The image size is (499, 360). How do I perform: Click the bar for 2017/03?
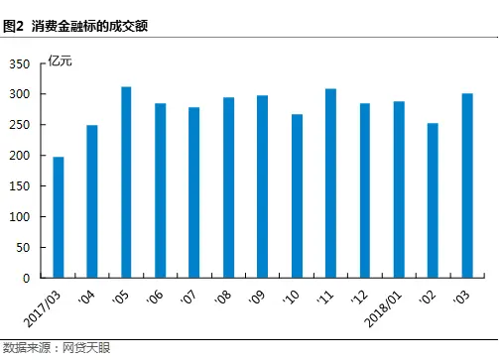[x=59, y=217]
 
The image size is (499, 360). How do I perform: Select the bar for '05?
[x=127, y=182]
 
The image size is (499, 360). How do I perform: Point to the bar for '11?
[x=330, y=183]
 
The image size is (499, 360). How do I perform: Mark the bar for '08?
[x=228, y=187]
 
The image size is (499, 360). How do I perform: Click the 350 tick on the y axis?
[x=21, y=63]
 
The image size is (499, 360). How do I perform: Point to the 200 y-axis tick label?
[x=21, y=156]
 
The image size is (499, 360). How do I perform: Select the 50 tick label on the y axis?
[x=25, y=248]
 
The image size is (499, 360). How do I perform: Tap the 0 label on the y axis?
[x=29, y=279]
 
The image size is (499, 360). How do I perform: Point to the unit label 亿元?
[x=61, y=62]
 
